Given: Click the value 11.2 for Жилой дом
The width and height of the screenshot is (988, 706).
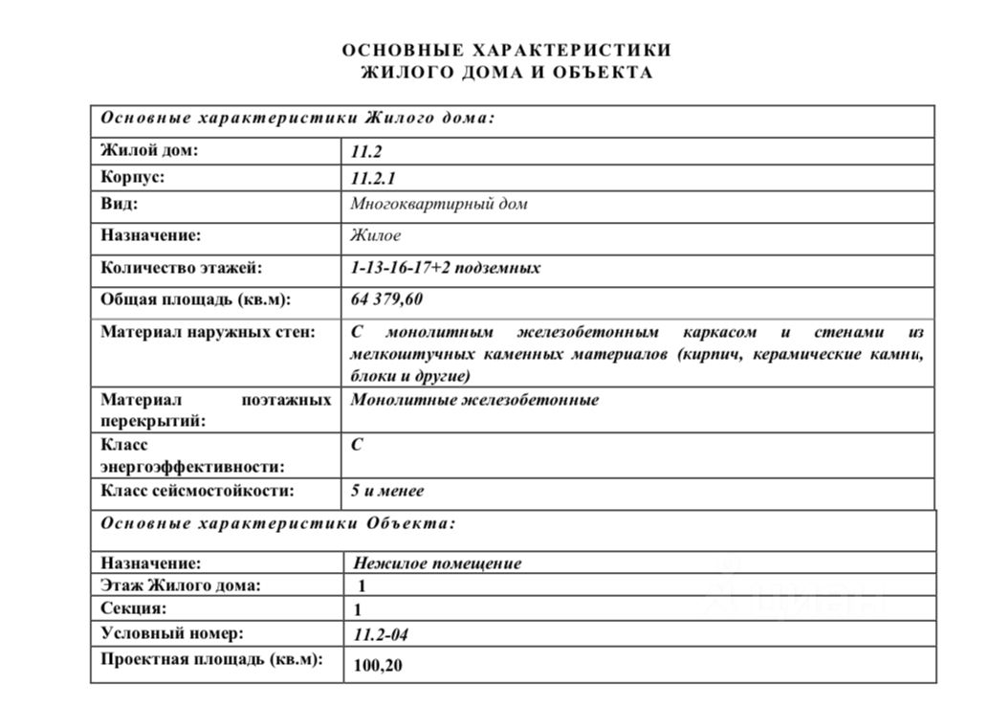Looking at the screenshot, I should pyautogui.click(x=367, y=151).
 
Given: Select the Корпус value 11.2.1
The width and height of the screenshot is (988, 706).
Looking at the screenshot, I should pyautogui.click(x=373, y=178).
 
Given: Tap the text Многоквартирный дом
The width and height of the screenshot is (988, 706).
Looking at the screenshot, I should pyautogui.click(x=439, y=204).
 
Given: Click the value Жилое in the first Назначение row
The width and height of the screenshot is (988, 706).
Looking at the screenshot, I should pyautogui.click(x=376, y=235).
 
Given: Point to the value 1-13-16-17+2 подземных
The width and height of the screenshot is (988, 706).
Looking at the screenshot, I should pyautogui.click(x=446, y=268).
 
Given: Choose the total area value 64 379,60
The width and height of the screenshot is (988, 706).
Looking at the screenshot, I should pyautogui.click(x=387, y=299).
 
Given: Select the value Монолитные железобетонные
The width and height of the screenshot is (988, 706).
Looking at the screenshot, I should pyautogui.click(x=475, y=400).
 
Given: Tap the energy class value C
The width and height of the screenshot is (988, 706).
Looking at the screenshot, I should pyautogui.click(x=357, y=445).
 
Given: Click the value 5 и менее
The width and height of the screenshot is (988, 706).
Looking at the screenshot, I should pyautogui.click(x=387, y=491).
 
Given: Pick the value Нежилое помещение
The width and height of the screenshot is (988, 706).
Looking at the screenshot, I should pyautogui.click(x=437, y=563).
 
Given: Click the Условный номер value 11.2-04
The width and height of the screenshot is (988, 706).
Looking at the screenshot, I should pyautogui.click(x=381, y=634).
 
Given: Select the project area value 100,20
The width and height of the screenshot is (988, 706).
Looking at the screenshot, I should pyautogui.click(x=378, y=665).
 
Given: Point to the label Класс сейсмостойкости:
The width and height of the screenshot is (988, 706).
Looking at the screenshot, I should pyautogui.click(x=197, y=491).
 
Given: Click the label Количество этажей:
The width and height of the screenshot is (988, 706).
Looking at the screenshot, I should pyautogui.click(x=181, y=268).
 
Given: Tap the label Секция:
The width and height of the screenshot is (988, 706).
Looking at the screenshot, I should pyautogui.click(x=134, y=608).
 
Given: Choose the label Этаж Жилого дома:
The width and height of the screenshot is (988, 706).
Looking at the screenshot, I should pyautogui.click(x=180, y=585).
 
